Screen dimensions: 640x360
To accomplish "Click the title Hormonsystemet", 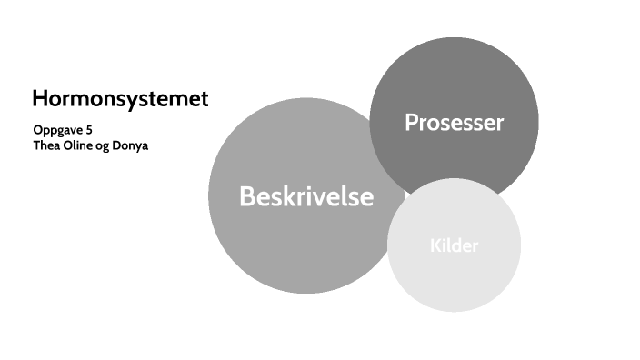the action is click(120, 98).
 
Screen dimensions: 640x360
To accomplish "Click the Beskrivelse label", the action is click(306, 196).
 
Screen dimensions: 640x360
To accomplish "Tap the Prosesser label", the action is click(454, 122).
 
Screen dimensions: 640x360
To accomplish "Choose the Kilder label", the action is click(454, 245).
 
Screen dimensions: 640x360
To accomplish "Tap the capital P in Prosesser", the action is click(411, 122).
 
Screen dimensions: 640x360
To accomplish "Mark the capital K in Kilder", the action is click(435, 245).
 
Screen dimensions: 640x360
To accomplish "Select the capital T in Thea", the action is click(36, 145).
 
